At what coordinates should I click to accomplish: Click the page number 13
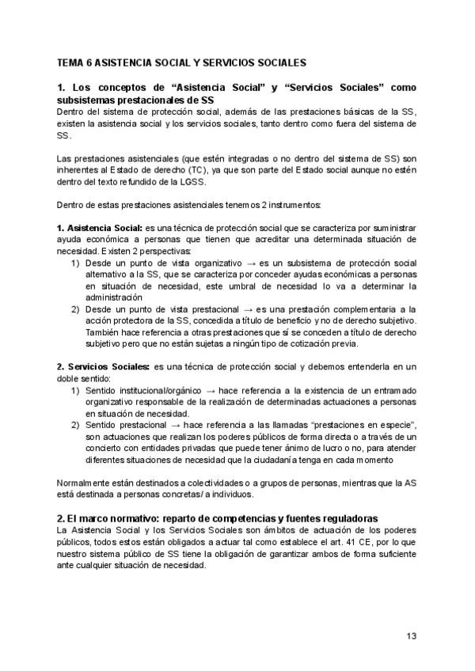(x=411, y=635)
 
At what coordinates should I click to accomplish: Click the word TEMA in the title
(x=73, y=61)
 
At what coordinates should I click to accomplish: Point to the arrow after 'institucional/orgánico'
(x=193, y=391)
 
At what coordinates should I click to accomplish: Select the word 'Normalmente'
(x=85, y=483)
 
